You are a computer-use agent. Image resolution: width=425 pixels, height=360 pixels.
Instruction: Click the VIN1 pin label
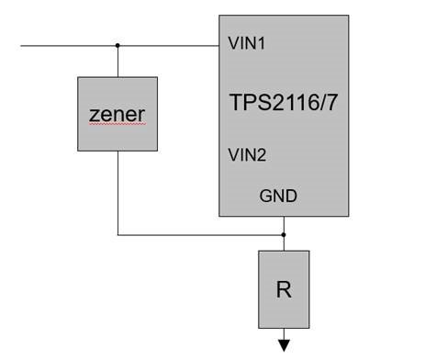(x=247, y=43)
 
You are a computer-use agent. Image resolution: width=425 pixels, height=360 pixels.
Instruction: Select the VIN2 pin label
(x=247, y=155)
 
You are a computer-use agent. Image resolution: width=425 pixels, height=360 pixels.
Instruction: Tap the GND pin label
(x=278, y=196)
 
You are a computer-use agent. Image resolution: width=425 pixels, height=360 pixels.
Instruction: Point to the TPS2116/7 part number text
(x=283, y=101)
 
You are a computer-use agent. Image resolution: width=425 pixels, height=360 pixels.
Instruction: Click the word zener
(x=117, y=115)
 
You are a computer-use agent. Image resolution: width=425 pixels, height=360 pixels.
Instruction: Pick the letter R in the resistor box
(x=284, y=289)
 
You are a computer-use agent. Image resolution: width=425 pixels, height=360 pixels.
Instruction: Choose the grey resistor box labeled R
(x=284, y=312)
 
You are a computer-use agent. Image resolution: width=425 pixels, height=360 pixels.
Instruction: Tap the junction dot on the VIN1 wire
(x=117, y=44)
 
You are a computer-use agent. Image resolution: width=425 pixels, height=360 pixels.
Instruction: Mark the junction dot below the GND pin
(x=284, y=235)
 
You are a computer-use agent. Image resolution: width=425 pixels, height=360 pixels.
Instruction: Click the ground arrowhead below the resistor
(x=284, y=345)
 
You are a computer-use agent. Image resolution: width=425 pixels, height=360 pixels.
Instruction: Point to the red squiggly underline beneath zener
(x=117, y=129)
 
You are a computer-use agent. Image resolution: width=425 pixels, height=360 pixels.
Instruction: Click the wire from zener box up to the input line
(x=117, y=61)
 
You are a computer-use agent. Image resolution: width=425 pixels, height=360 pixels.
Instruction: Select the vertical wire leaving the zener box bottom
(x=117, y=193)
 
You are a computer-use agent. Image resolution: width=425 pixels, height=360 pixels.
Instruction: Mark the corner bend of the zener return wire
(x=117, y=235)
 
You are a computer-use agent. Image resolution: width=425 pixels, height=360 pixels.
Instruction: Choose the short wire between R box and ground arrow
(x=284, y=333)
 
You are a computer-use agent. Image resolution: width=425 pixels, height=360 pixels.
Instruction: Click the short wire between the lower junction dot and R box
(x=284, y=243)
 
